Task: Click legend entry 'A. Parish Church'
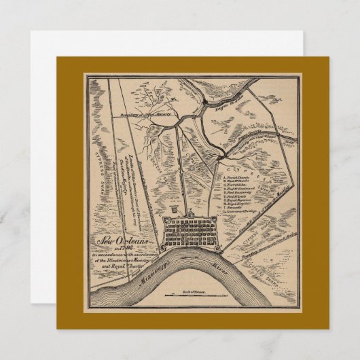[238, 175]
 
